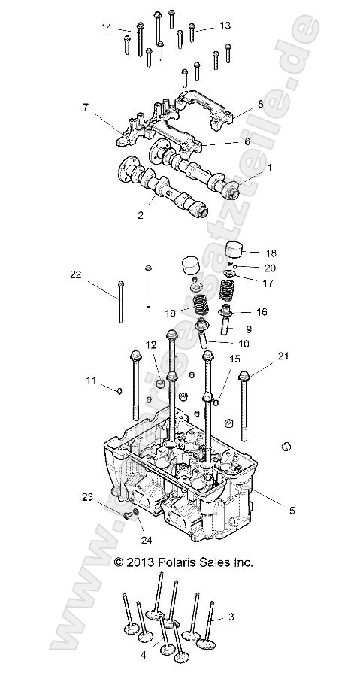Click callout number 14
tap(107, 28)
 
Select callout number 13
tap(225, 26)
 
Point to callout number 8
tap(260, 105)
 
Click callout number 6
tap(247, 141)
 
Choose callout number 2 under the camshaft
tap(140, 214)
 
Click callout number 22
tap(74, 276)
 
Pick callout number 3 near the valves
tap(231, 617)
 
